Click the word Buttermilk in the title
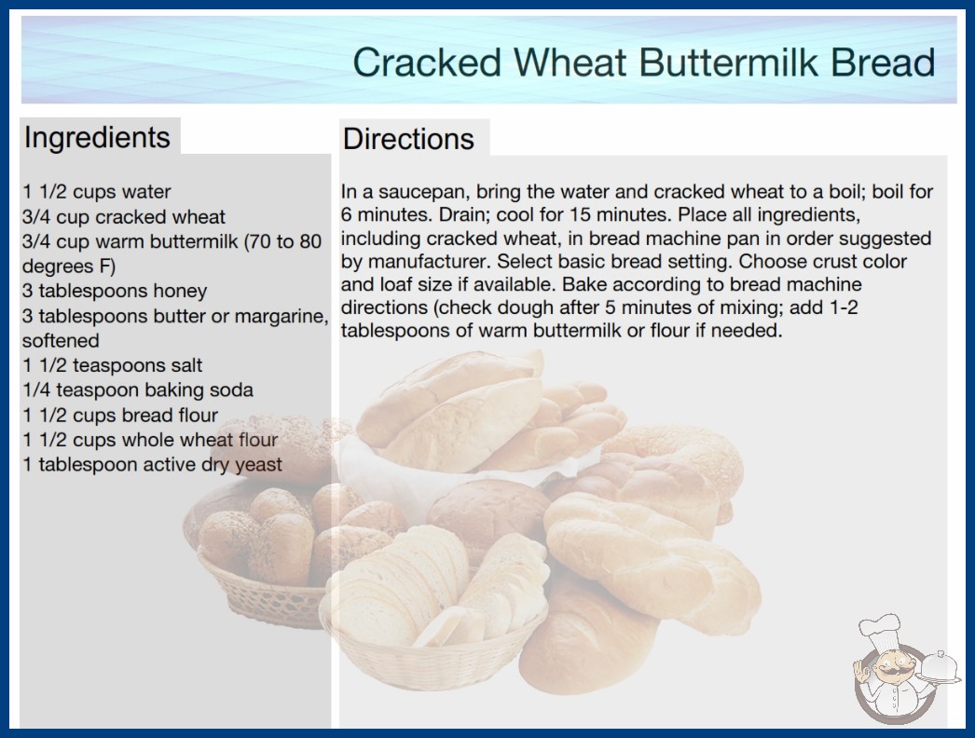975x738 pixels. click(x=728, y=62)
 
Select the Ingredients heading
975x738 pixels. click(x=97, y=138)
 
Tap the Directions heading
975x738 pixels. click(x=408, y=139)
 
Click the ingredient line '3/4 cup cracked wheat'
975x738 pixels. click(x=123, y=217)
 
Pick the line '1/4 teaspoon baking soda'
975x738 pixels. click(x=137, y=390)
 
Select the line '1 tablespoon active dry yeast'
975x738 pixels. click(x=152, y=465)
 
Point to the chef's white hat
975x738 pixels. click(x=881, y=629)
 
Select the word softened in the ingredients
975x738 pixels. click(x=61, y=341)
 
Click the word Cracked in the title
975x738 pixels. click(x=427, y=62)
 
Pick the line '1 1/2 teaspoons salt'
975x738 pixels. click(x=113, y=365)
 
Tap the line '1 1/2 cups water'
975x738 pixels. click(x=96, y=192)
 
